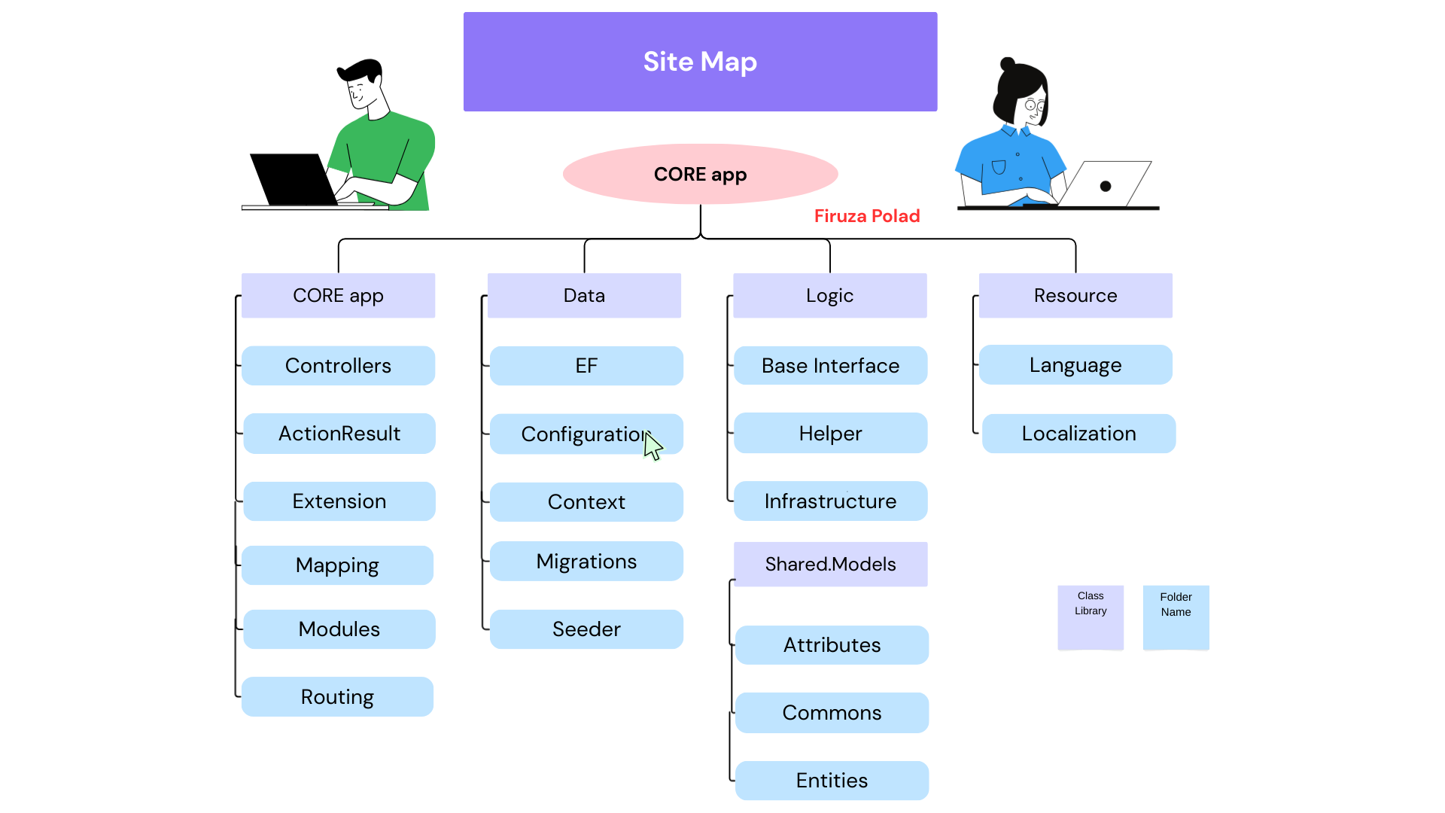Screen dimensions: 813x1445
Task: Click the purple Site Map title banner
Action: pyautogui.click(x=700, y=62)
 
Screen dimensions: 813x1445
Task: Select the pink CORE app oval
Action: pyautogui.click(x=700, y=174)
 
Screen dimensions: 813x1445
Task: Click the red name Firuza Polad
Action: pyautogui.click(x=867, y=216)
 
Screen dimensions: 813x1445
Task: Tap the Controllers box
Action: pyautogui.click(x=338, y=366)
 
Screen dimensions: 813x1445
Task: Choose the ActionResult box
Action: pyautogui.click(x=339, y=434)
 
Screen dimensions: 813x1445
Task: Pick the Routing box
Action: pyautogui.click(x=337, y=697)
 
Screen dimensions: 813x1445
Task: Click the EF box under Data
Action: pyautogui.click(x=586, y=366)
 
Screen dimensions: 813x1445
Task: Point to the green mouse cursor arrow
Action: pyautogui.click(x=653, y=446)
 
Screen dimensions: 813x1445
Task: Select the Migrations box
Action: pyautogui.click(x=586, y=562)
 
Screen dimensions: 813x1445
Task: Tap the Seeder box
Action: pyautogui.click(x=586, y=629)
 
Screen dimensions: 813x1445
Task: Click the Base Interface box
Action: pyautogui.click(x=830, y=366)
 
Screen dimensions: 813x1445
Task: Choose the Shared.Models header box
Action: pyautogui.click(x=830, y=565)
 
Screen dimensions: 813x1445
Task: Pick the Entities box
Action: pyautogui.click(x=832, y=781)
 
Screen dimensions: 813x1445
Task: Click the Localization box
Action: pyautogui.click(x=1078, y=434)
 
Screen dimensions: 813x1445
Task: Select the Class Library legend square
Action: pyautogui.click(x=1091, y=617)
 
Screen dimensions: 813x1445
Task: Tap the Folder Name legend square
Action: pyautogui.click(x=1176, y=617)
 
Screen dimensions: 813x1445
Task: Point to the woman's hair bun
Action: pyautogui.click(x=1007, y=64)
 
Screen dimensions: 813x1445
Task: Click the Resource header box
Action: pyautogui.click(x=1075, y=296)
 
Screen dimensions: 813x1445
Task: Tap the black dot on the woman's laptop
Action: pyautogui.click(x=1106, y=186)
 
